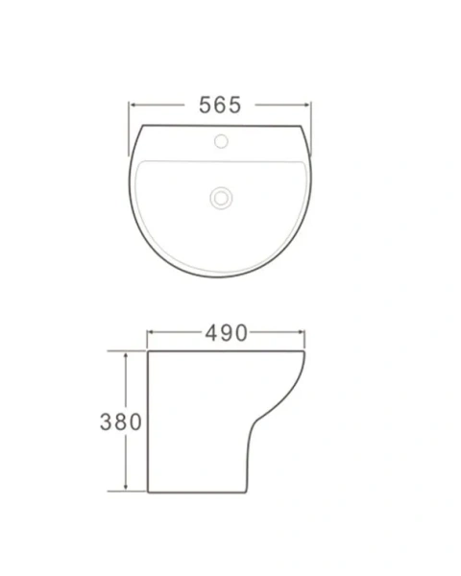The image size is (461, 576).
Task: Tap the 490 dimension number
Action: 227,333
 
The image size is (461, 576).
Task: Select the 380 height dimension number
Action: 122,421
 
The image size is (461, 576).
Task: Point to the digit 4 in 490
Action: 211,333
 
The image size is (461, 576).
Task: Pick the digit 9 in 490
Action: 227,333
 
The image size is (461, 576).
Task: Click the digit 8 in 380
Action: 122,421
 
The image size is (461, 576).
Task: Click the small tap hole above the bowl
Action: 221,143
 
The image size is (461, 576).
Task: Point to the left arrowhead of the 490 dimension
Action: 150,333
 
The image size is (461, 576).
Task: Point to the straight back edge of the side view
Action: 148,422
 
